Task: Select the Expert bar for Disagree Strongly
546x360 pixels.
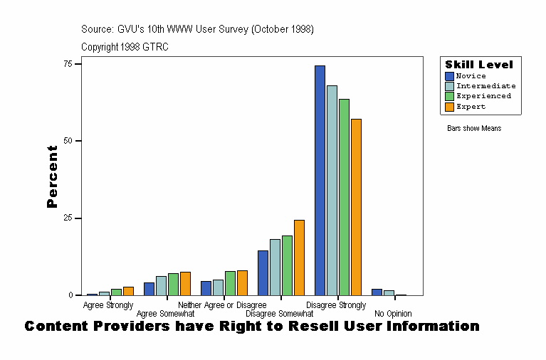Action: pos(356,207)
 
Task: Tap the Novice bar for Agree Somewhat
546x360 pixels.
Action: pos(149,288)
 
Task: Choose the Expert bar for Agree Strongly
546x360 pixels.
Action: pos(128,290)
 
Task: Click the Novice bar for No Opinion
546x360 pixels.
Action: pos(377,292)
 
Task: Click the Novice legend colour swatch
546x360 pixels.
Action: pos(449,76)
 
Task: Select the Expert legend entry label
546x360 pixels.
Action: pos(471,107)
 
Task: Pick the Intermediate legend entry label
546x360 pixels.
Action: pos(485,86)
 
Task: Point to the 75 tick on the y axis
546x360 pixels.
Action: pos(78,64)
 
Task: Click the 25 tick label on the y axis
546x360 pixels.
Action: pos(68,218)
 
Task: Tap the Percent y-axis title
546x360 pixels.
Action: pos(52,176)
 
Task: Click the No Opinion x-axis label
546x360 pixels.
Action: pos(393,314)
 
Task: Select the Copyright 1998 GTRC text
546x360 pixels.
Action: pos(125,47)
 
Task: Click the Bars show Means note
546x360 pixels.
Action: pos(474,129)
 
